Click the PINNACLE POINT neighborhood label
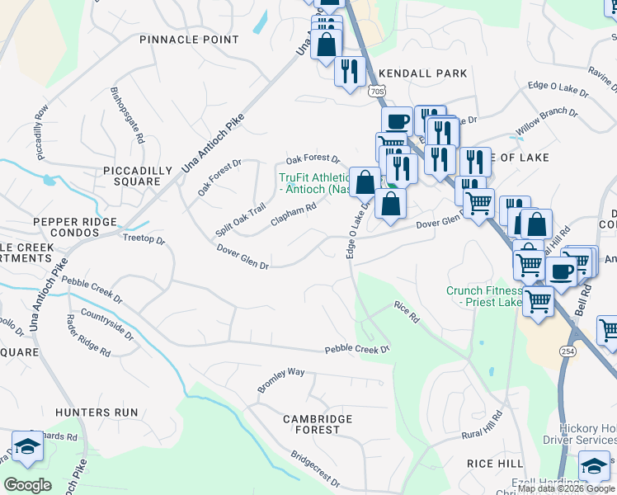189,40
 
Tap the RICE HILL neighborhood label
494,464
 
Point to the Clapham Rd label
294,215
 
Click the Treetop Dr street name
144,241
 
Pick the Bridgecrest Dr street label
315,468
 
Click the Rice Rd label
407,311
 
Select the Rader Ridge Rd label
88,334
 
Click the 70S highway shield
377,91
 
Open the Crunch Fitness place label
485,296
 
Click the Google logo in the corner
27,484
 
